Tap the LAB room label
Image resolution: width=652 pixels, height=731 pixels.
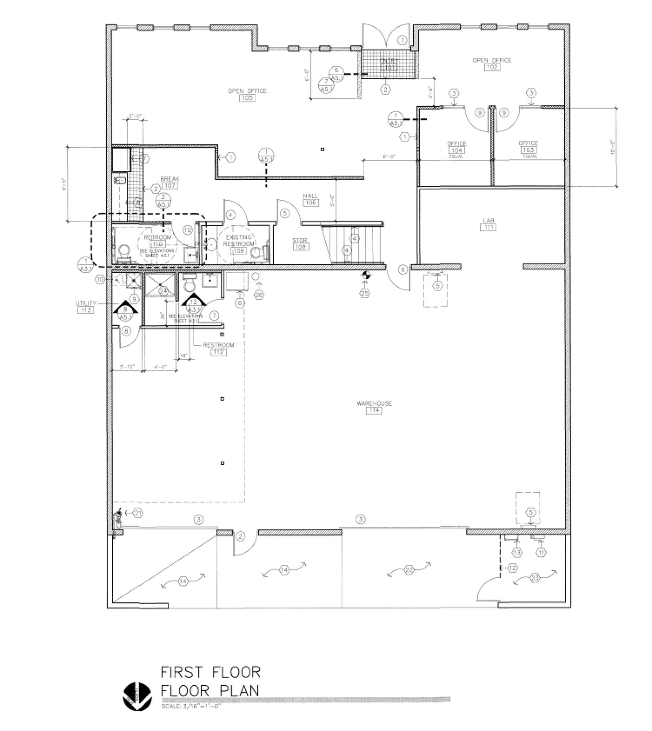(488, 220)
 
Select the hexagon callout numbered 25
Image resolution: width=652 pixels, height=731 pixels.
(365, 293)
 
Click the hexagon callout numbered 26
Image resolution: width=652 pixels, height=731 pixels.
(259, 295)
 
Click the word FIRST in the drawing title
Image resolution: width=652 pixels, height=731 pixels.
(181, 672)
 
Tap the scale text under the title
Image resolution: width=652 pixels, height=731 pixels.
(191, 707)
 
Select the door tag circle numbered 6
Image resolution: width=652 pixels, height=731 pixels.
(403, 270)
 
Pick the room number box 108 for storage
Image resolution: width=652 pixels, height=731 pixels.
(300, 247)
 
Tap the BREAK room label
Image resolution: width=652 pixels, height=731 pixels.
(170, 179)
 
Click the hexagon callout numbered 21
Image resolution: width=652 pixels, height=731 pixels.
(137, 513)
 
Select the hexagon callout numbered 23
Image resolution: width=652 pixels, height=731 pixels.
(535, 578)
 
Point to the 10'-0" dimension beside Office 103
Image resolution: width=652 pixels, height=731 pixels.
(613, 147)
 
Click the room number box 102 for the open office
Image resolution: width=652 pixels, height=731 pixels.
(492, 67)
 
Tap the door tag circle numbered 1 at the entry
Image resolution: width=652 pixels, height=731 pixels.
(402, 40)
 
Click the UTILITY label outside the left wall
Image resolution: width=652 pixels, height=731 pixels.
(86, 303)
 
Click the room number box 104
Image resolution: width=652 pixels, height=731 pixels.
(457, 150)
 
